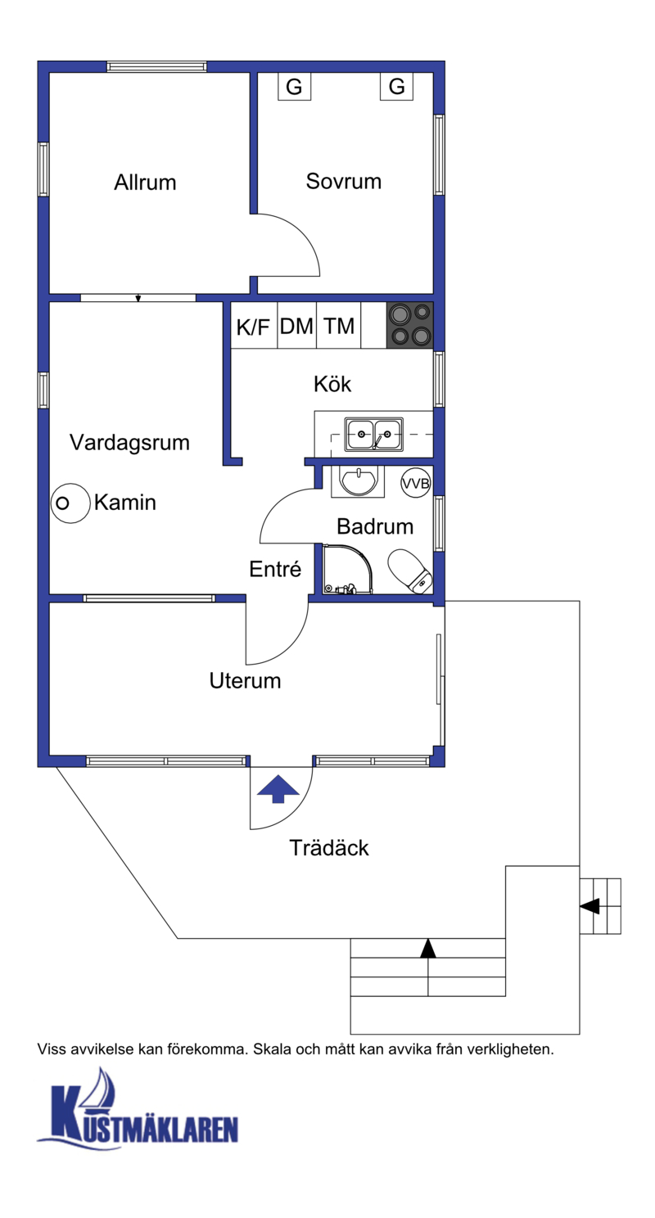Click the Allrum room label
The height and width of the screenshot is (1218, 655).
pos(145,183)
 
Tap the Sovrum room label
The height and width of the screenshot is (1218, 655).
pos(344,181)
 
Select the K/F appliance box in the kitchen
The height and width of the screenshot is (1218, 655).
pos(254,325)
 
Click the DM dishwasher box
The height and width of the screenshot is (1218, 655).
pos(296,325)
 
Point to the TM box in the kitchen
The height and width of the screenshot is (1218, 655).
pos(338,325)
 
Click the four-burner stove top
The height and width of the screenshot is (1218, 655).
pos(410,325)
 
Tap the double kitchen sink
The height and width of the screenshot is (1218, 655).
pos(373,435)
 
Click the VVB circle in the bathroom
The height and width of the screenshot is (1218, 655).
pos(416,483)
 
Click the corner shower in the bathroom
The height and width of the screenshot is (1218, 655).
pos(348,569)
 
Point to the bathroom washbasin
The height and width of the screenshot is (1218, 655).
pos(358,481)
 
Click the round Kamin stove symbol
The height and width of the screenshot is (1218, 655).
pos(70,503)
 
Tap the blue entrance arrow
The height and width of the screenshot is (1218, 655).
pos(278,788)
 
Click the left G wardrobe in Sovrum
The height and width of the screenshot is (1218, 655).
pos(294,87)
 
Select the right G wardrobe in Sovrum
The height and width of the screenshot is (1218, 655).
pos(396,87)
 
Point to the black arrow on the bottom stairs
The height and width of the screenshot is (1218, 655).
pos(428,949)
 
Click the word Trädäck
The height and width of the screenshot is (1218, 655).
pos(329,848)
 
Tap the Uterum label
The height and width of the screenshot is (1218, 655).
pos(246,681)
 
